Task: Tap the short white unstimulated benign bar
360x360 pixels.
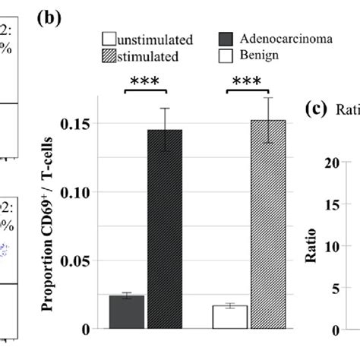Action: [x=229, y=317]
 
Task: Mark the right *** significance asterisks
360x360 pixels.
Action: [x=248, y=83]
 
